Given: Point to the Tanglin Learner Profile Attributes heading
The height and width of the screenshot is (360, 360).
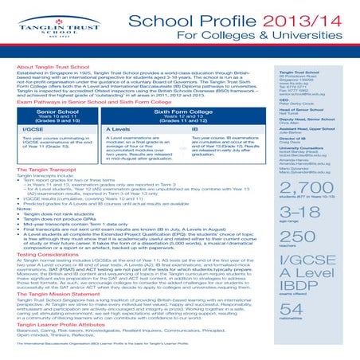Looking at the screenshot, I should [71, 314].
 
